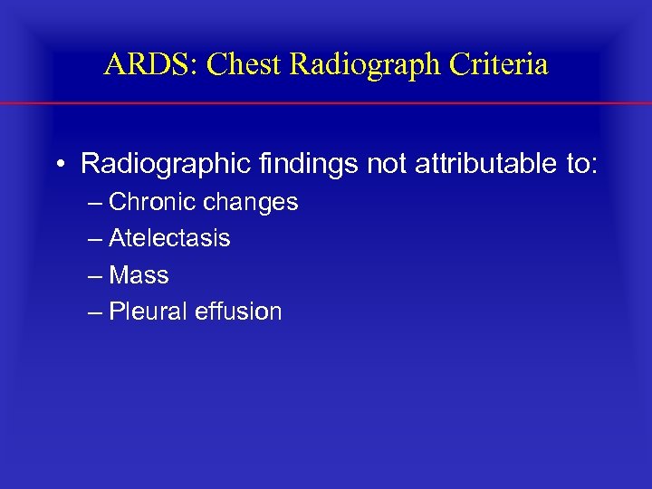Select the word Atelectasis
[x=169, y=238]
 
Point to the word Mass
[x=139, y=274]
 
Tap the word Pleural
[x=145, y=312]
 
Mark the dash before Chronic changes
[x=96, y=203]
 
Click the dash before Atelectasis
[x=96, y=239]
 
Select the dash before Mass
[x=96, y=275]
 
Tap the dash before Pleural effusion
[x=96, y=312]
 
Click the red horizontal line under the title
[x=326, y=104]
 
